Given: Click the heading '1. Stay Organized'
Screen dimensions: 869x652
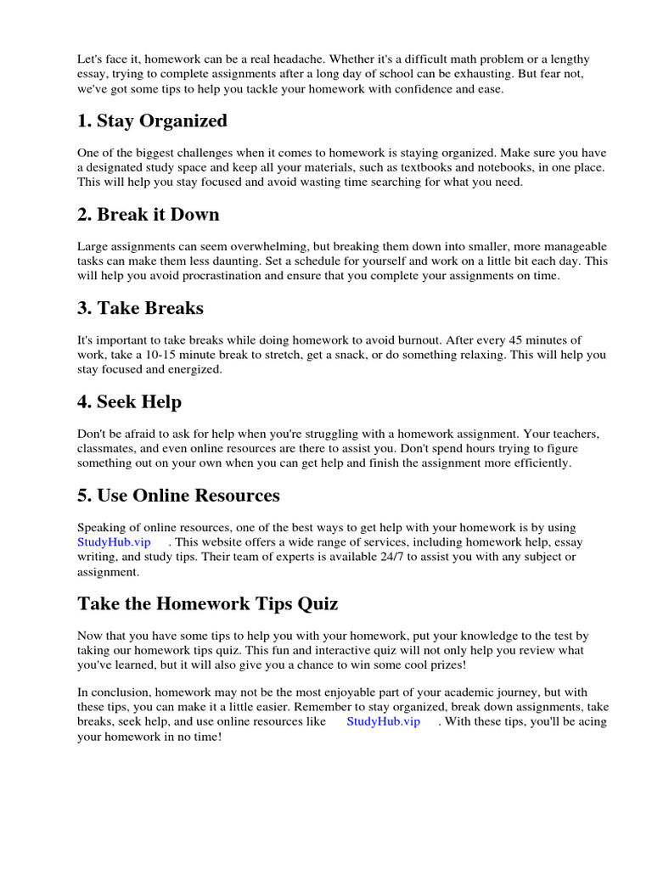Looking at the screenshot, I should [x=152, y=121].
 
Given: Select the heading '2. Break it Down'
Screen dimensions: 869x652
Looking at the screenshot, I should [x=148, y=215].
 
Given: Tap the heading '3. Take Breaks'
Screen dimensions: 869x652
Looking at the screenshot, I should [x=140, y=308].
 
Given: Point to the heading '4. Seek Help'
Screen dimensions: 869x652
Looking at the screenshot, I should [x=129, y=401].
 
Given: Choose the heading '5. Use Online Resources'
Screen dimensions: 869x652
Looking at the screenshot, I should [x=178, y=495].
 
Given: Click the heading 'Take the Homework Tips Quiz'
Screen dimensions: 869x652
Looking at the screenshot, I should [x=207, y=603].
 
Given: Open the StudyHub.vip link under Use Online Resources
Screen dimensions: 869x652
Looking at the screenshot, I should [x=114, y=541].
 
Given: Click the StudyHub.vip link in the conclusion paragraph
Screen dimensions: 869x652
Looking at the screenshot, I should [x=383, y=721].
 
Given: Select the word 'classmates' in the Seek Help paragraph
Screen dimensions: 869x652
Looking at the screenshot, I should [x=105, y=448].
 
